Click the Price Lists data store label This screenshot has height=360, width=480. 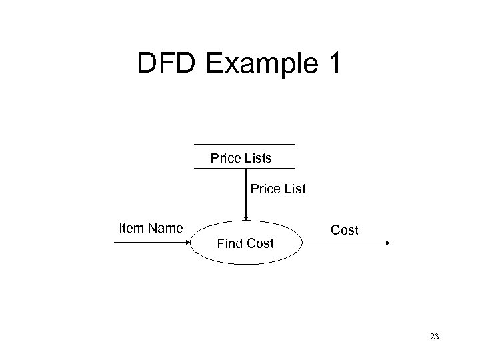(x=241, y=159)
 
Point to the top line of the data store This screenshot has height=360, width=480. (x=243, y=144)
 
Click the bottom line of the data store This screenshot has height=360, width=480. (x=243, y=168)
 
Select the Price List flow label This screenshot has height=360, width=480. (x=278, y=189)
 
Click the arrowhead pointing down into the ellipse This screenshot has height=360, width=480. (x=246, y=217)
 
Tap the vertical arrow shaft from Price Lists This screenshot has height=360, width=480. (x=246, y=193)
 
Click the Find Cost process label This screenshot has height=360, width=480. (x=245, y=244)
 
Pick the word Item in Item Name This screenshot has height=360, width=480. (x=130, y=229)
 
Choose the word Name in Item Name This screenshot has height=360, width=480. (x=165, y=229)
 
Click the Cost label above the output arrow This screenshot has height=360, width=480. (x=345, y=231)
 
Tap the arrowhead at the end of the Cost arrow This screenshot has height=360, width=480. (x=389, y=243)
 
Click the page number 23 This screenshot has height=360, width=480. (x=435, y=337)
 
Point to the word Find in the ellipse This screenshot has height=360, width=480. (x=231, y=244)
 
